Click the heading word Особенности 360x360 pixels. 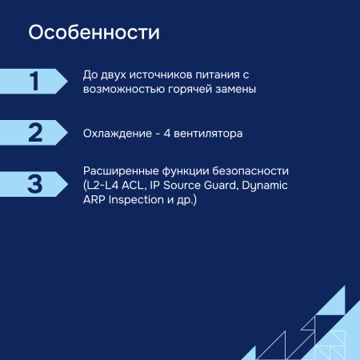point(94,34)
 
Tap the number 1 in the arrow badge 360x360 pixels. point(34,82)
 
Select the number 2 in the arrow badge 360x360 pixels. point(34,133)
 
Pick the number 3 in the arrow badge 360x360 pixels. point(34,184)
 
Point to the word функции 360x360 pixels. point(186,171)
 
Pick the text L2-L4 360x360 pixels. point(103,186)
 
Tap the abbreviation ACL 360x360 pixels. point(138,186)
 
